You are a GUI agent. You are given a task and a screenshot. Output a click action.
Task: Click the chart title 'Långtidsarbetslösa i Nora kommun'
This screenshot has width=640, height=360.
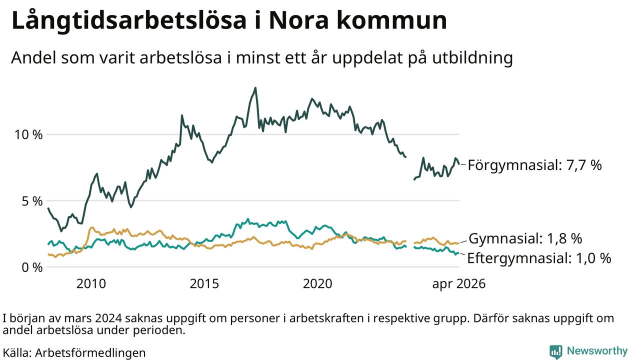pyautogui.click(x=229, y=21)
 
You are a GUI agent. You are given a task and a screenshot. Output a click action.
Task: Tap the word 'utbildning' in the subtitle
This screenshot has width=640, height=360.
pyautogui.click(x=472, y=58)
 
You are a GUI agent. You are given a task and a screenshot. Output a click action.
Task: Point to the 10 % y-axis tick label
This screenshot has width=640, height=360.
pyautogui.click(x=28, y=134)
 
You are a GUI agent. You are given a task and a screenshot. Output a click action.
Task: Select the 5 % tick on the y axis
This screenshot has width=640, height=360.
pyautogui.click(x=32, y=201)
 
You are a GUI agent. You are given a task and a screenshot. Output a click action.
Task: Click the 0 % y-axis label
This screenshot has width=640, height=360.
pyautogui.click(x=32, y=267)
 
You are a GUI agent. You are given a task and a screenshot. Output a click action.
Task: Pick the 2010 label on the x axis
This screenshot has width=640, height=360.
pyautogui.click(x=91, y=283)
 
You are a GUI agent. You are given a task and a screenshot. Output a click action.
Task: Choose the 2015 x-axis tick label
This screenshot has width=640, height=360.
pyautogui.click(x=204, y=283)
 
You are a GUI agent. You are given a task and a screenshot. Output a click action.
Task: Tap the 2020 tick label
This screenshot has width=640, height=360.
pyautogui.click(x=317, y=283)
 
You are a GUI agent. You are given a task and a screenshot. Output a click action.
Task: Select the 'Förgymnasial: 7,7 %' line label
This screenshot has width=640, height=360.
pyautogui.click(x=535, y=165)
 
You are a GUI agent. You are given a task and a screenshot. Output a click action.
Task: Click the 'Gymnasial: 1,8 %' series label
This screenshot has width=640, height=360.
pyautogui.click(x=525, y=238)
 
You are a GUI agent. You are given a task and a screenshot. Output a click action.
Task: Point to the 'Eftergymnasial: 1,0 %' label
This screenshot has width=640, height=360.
pyautogui.click(x=539, y=258)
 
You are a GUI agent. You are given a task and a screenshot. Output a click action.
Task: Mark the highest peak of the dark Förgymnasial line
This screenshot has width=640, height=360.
pyautogui.click(x=255, y=88)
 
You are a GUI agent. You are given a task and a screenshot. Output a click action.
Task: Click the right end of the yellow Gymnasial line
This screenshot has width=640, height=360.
pyautogui.click(x=458, y=243)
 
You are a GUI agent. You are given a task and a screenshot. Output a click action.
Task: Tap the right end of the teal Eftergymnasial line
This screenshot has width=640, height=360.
pyautogui.click(x=458, y=253)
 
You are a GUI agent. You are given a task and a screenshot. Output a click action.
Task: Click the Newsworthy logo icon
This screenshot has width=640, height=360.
pyautogui.click(x=555, y=351)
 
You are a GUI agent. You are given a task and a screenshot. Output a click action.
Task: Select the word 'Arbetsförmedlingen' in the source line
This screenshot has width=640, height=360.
pyautogui.click(x=90, y=353)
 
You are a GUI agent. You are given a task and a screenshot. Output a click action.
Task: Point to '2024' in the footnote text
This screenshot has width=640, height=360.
pyautogui.click(x=108, y=318)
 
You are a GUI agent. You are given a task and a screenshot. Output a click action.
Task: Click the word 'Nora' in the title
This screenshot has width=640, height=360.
pyautogui.click(x=298, y=21)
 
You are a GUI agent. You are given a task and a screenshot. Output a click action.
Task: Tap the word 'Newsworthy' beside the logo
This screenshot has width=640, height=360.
pyautogui.click(x=597, y=351)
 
